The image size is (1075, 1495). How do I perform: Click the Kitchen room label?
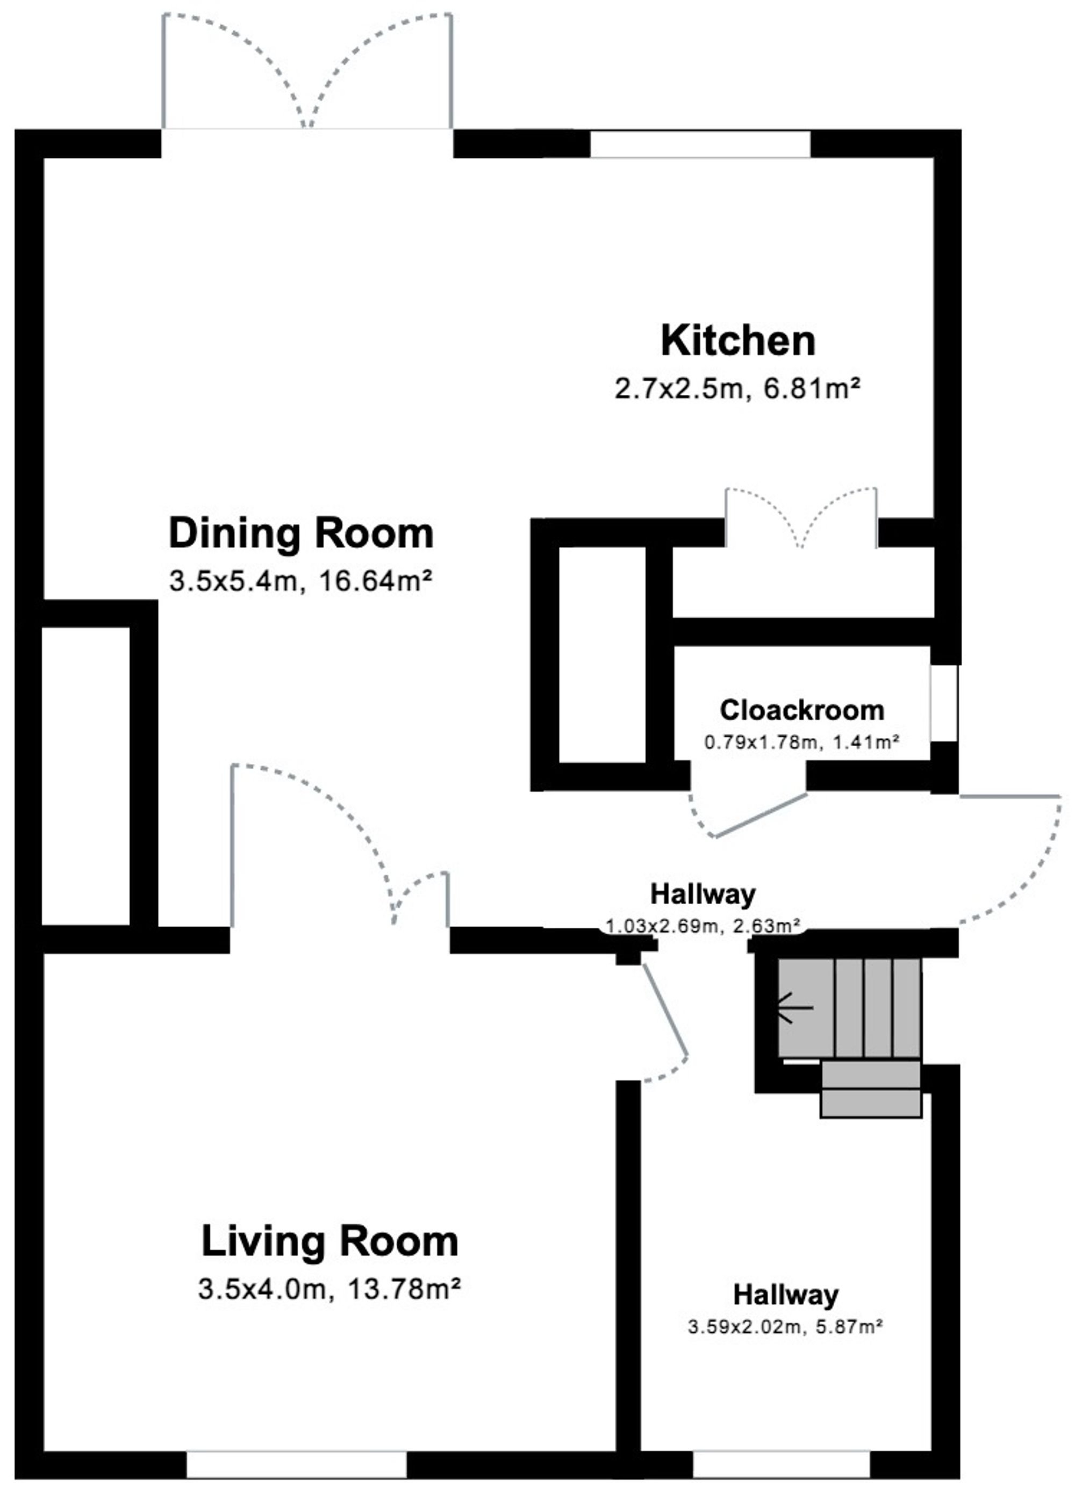(x=738, y=341)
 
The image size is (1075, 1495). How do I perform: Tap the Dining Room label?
(x=302, y=533)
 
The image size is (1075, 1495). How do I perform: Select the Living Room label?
(x=329, y=1241)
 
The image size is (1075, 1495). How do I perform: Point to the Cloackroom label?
(x=802, y=710)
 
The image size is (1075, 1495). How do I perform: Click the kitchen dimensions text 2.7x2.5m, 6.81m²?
(x=738, y=389)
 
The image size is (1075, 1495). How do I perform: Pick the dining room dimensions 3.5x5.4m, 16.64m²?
(x=301, y=581)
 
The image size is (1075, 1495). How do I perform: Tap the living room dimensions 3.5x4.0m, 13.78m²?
(x=329, y=1289)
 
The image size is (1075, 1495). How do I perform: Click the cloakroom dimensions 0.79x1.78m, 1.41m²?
(x=802, y=743)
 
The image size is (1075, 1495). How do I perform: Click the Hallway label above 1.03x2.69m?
(x=703, y=894)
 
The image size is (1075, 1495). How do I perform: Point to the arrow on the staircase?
(x=795, y=1008)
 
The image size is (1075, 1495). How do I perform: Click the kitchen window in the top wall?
(x=700, y=144)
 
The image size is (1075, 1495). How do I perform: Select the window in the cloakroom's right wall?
(x=944, y=703)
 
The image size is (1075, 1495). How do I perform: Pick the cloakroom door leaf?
(x=761, y=815)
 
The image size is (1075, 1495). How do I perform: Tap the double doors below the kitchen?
(x=801, y=517)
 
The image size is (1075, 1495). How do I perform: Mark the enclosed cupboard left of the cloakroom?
(x=602, y=654)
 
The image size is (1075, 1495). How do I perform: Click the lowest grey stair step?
(x=871, y=1103)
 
